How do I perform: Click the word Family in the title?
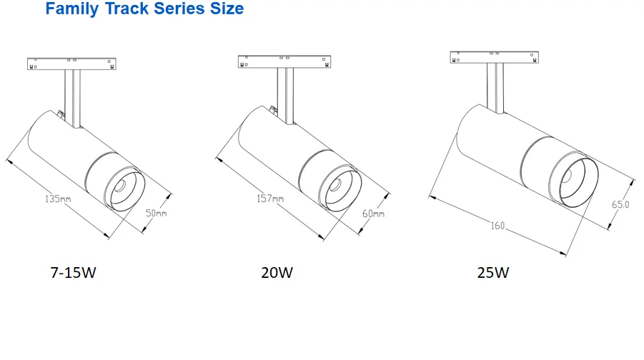pyautogui.click(x=72, y=9)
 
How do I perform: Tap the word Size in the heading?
pyautogui.click(x=227, y=9)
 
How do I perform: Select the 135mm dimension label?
pyautogui.click(x=58, y=199)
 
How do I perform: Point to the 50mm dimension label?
pyautogui.click(x=156, y=214)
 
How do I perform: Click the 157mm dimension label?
pyautogui.click(x=270, y=199)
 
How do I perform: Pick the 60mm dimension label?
pyautogui.click(x=373, y=214)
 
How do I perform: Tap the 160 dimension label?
pyautogui.click(x=497, y=226)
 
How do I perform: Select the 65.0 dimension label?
pyautogui.click(x=620, y=204)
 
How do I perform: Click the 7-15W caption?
pyautogui.click(x=73, y=273)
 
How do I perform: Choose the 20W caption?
pyautogui.click(x=277, y=273)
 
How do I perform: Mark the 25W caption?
pyautogui.click(x=493, y=273)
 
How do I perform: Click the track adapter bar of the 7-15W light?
pyautogui.click(x=71, y=64)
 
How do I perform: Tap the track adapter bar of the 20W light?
pyautogui.click(x=284, y=61)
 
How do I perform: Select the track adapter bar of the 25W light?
pyautogui.click(x=494, y=57)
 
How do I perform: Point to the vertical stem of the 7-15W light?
pyautogui.click(x=72, y=99)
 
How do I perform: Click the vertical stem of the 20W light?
pyautogui.click(x=285, y=96)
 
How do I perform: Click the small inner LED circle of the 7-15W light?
pyautogui.click(x=120, y=186)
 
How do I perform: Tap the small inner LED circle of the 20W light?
pyautogui.click(x=335, y=185)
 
